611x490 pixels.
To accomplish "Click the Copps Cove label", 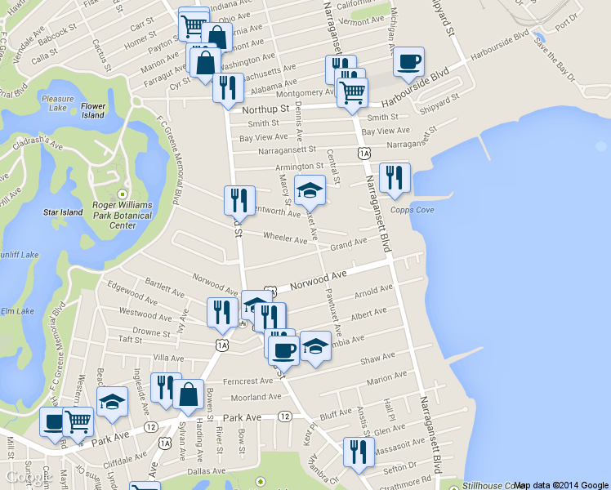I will point(417,211).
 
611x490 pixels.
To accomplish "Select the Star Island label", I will point(63,212).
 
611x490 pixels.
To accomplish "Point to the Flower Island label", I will point(93,110).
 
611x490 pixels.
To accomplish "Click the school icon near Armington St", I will point(309,191).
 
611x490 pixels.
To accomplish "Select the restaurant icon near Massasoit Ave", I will point(358,452).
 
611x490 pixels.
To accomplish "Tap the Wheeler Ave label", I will point(285,238).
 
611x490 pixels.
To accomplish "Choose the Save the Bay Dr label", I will point(555,60).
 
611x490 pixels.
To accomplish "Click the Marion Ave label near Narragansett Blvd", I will point(387,381).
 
